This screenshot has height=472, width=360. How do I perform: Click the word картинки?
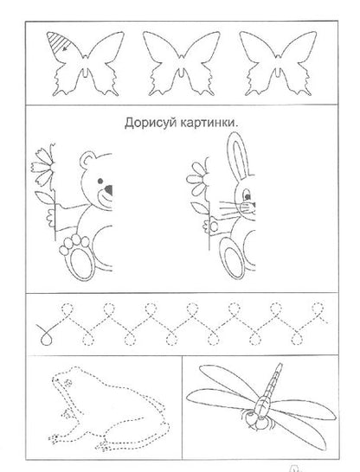click(x=208, y=123)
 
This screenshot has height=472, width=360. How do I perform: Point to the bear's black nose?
click(x=108, y=189)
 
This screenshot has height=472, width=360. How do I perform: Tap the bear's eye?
click(x=100, y=181)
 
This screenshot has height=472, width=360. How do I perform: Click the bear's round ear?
click(x=87, y=160)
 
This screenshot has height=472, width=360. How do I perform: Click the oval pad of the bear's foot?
click(x=80, y=264)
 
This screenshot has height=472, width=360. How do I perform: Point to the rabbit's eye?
click(x=247, y=196)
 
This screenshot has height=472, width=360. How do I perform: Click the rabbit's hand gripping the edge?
click(x=212, y=226)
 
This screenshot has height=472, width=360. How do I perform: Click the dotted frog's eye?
click(x=67, y=383)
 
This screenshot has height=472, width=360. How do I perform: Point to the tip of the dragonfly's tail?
click(x=280, y=364)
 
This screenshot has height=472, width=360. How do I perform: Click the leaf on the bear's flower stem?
click(x=45, y=197)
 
